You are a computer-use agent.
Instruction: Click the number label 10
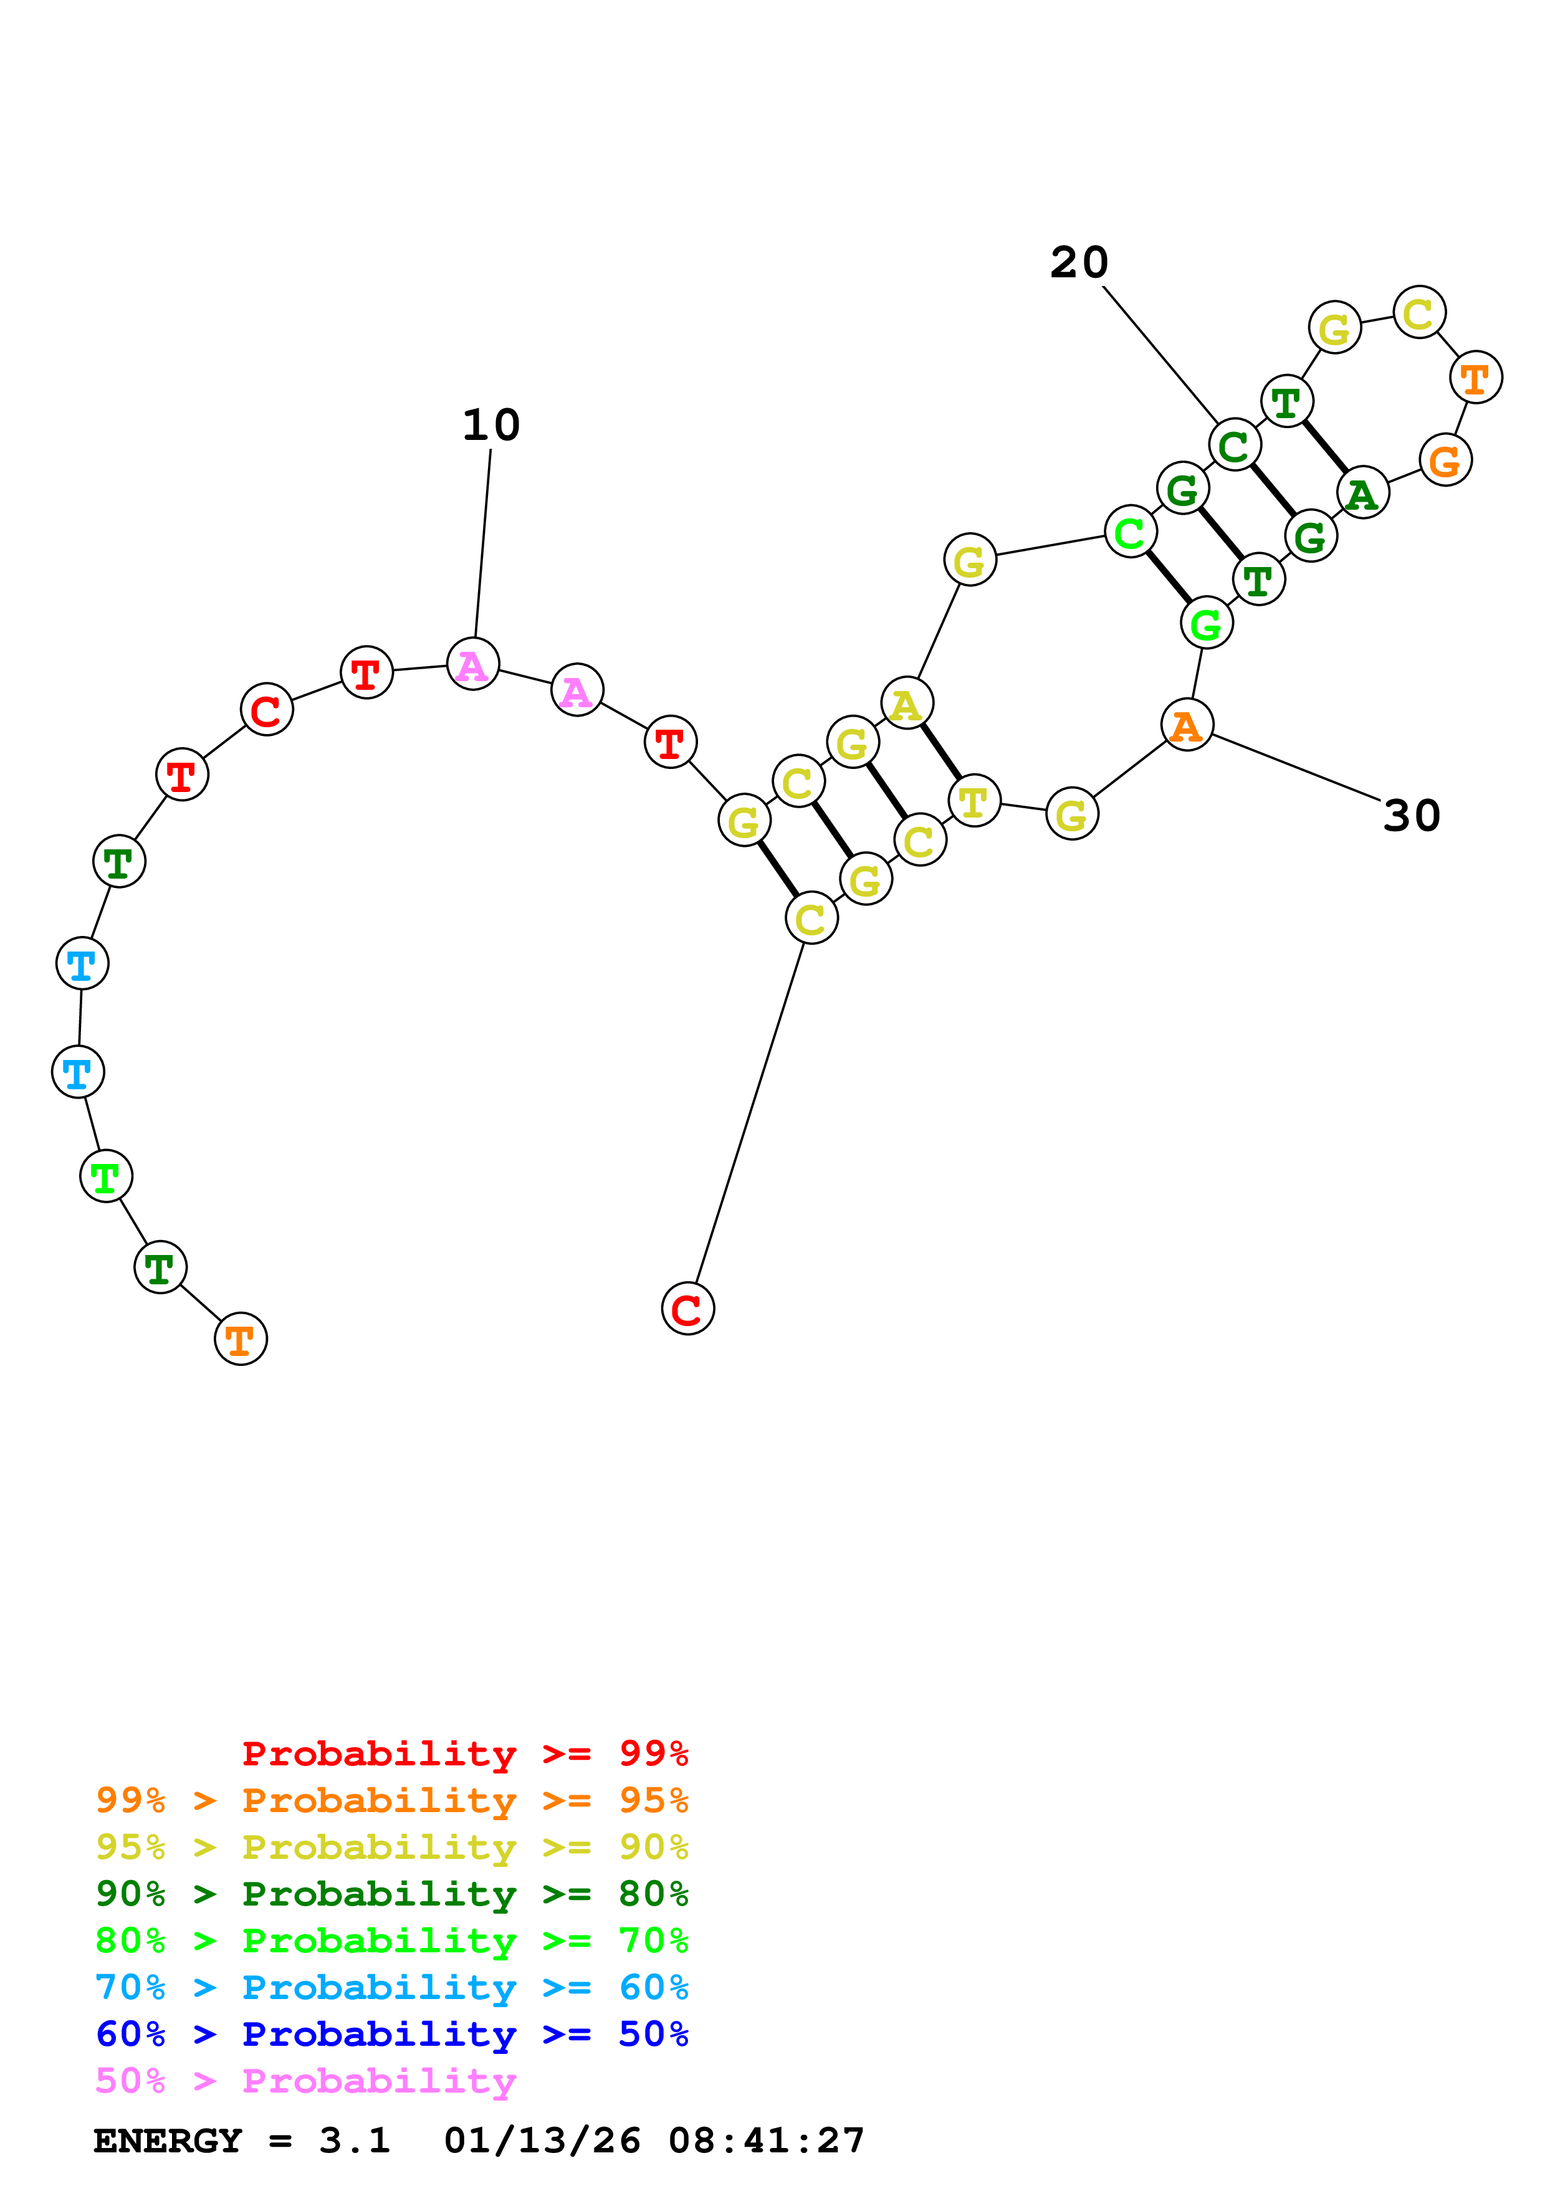[x=491, y=424]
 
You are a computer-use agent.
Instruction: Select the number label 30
[x=1411, y=815]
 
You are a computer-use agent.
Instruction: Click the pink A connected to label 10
[x=473, y=664]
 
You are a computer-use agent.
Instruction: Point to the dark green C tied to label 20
[x=1234, y=445]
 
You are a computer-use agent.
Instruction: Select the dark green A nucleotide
[x=1362, y=492]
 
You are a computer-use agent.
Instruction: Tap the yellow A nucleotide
[x=906, y=704]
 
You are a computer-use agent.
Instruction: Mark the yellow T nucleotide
[x=974, y=801]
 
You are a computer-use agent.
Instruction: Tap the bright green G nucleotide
[x=1206, y=624]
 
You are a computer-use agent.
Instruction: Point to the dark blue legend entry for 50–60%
[x=391, y=2034]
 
